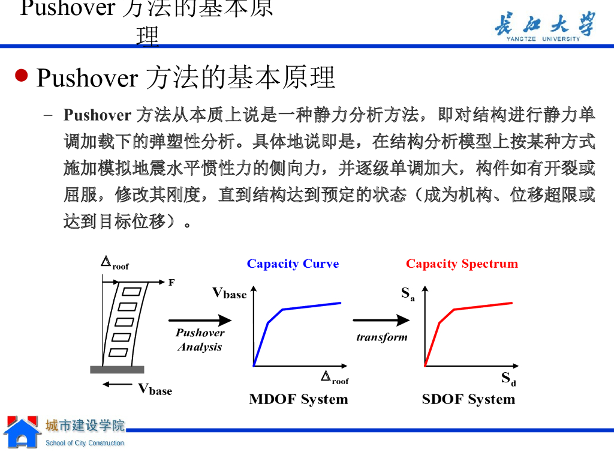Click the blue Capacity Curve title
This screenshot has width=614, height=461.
click(293, 264)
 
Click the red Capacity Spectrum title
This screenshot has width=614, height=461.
click(462, 264)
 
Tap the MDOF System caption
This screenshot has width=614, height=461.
click(298, 399)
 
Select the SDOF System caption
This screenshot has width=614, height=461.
click(468, 399)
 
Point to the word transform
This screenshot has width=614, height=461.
click(381, 337)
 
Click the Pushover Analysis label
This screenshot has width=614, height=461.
click(200, 340)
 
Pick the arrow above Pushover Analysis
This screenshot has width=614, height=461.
click(200, 321)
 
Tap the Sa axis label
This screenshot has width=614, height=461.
click(408, 294)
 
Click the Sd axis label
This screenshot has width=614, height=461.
click(508, 379)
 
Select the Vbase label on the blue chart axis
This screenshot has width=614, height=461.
click(230, 293)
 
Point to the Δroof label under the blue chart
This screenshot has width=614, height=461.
click(335, 378)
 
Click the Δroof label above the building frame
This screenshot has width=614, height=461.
click(115, 263)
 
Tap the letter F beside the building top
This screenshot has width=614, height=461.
click(171, 282)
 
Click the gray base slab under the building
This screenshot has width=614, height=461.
click(117, 369)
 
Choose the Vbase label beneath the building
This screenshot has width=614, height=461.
click(155, 389)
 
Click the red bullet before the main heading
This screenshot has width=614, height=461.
click(22, 76)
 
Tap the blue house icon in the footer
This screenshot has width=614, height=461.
click(22, 432)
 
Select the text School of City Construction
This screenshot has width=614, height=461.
click(85, 443)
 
